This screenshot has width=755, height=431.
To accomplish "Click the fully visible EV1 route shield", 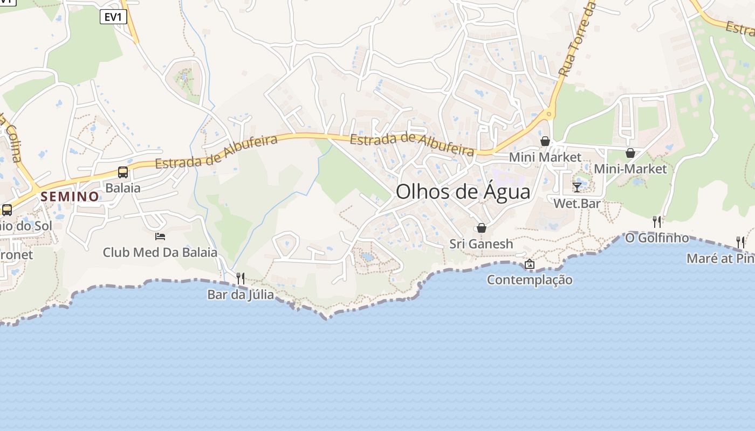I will pyautogui.click(x=113, y=17).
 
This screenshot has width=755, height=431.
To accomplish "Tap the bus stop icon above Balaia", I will pyautogui.click(x=123, y=172).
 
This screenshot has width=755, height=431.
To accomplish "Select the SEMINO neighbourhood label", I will pyautogui.click(x=70, y=197).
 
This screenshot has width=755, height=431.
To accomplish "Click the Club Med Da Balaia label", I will pyautogui.click(x=160, y=252).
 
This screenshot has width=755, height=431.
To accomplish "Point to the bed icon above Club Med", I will pyautogui.click(x=160, y=236).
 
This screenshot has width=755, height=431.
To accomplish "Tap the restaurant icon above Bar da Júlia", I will pyautogui.click(x=241, y=279).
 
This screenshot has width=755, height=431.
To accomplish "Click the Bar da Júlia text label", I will pyautogui.click(x=241, y=295).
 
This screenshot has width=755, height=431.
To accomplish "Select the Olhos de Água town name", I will pyautogui.click(x=463, y=192).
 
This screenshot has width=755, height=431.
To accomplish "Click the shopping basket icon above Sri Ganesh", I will pyautogui.click(x=482, y=228).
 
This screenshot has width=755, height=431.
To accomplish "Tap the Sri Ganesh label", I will pyautogui.click(x=482, y=244).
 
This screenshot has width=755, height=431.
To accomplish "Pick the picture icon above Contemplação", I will pyautogui.click(x=530, y=264).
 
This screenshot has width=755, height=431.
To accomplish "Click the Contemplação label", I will pyautogui.click(x=530, y=280).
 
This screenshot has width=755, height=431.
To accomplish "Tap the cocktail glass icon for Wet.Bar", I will pyautogui.click(x=577, y=187).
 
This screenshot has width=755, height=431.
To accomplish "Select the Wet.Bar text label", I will pyautogui.click(x=577, y=204).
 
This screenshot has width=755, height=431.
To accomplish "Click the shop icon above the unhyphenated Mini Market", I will pyautogui.click(x=545, y=141).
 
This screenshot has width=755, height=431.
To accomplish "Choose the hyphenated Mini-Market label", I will pyautogui.click(x=630, y=169).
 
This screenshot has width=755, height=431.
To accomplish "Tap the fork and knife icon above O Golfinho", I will pyautogui.click(x=657, y=221).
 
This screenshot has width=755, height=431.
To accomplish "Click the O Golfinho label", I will pyautogui.click(x=657, y=238).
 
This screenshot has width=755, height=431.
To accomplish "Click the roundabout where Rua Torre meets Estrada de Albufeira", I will pyautogui.click(x=549, y=114).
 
